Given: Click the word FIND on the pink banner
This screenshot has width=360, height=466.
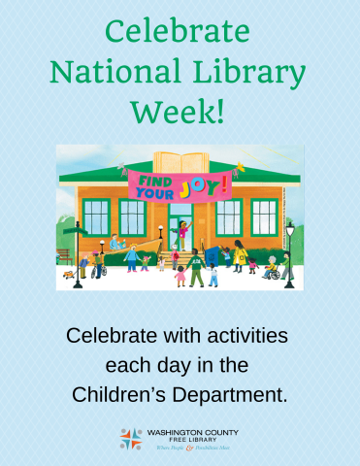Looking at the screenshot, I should [149, 181].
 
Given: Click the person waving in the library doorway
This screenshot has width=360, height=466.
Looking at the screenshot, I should [180, 233].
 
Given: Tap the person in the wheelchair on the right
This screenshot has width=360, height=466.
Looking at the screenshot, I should [273, 269].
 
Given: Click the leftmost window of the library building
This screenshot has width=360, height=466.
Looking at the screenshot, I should [97, 217].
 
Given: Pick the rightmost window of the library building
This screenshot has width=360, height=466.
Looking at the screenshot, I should [264, 217].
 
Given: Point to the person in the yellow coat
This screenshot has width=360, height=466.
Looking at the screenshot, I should [240, 255].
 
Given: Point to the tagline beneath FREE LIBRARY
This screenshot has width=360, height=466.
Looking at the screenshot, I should [191, 449].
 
